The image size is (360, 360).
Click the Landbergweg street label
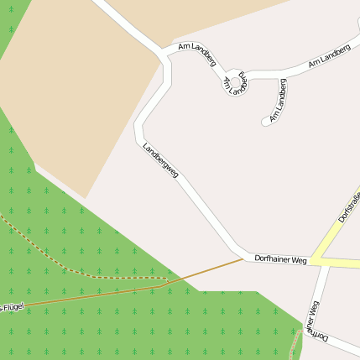[160, 161]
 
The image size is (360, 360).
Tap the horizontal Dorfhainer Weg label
[280, 260]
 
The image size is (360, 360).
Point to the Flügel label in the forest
[12, 306]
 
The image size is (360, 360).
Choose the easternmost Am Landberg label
[328, 56]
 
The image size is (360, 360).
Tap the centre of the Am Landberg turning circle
[237, 80]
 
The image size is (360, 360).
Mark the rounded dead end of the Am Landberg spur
[267, 122]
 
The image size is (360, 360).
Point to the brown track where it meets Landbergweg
[243, 258]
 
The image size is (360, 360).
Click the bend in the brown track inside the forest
[162, 286]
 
